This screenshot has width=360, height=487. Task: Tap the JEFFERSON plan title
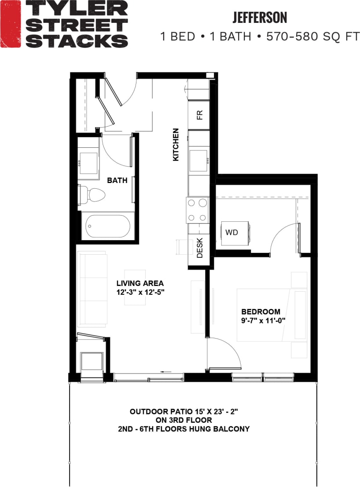click(260, 18)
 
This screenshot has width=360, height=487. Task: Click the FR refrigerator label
click(199, 115)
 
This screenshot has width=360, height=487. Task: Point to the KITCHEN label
click(176, 144)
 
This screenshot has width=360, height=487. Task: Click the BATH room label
click(117, 180)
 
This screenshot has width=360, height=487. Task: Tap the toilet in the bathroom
click(93, 194)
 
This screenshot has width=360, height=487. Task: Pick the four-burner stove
click(197, 210)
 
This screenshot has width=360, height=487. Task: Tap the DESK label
click(199, 248)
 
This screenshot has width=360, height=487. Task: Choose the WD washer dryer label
click(231, 232)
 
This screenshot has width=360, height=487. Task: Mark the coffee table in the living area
click(135, 287)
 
